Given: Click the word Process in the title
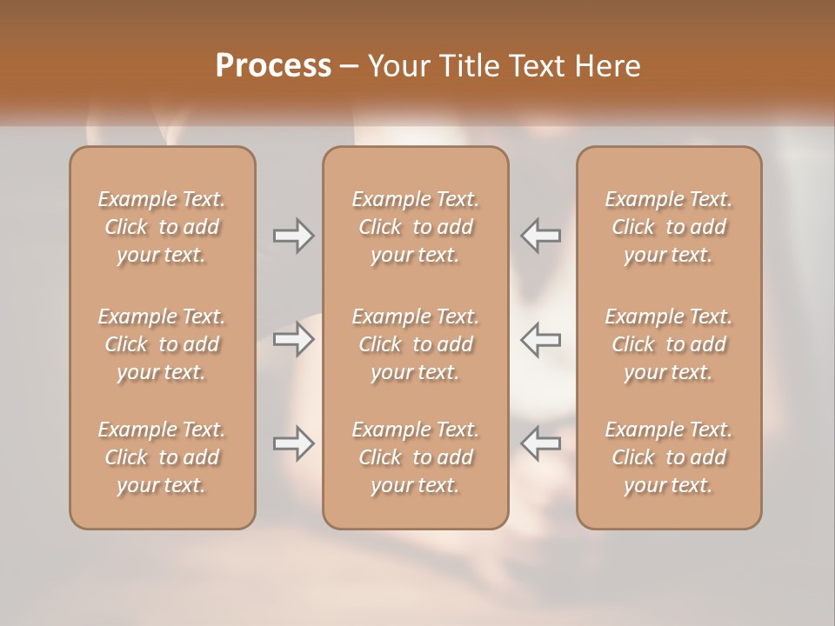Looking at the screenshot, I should pos(273,66).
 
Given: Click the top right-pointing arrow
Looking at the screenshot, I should pos(294,236).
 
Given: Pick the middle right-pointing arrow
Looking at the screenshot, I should pos(294,338).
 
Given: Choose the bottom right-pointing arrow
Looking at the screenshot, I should pos(294,443).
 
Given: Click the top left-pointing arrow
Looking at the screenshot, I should pos(540,236).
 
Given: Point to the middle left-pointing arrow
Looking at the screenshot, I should pos(540,338).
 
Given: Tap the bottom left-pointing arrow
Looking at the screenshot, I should pos(540,443).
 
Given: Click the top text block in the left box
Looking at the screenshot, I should pos(162,227).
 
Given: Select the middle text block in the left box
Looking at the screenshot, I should pos(162,344).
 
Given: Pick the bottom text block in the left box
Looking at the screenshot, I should pos(162,457).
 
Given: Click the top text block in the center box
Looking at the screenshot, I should pos(416,227).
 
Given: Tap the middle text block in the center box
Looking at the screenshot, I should pos(416,344).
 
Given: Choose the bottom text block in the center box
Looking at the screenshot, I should pos(416,457).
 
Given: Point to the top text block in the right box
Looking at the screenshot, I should pos(669,227).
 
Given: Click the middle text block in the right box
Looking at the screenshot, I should pos(669,344).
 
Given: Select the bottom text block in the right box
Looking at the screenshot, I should pos(669,457).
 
